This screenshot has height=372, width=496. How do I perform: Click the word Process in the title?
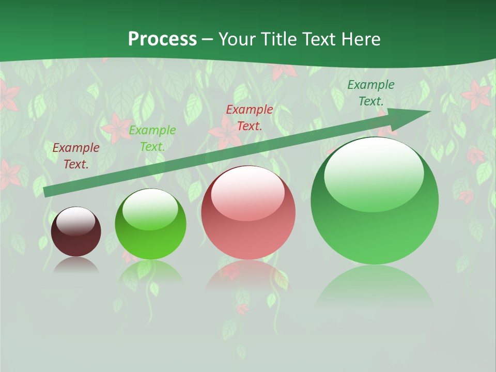162,39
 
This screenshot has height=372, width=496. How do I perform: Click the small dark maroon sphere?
76,233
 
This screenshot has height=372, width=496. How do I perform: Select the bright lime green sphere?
150,225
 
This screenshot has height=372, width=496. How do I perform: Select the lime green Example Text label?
152,138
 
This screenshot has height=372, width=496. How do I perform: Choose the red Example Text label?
250,117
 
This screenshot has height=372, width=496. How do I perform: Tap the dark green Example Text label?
371,93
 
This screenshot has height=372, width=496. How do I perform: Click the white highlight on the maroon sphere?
75,221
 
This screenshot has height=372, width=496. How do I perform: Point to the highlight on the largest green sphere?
374,173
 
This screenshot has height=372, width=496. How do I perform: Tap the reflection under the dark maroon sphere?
76,265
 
